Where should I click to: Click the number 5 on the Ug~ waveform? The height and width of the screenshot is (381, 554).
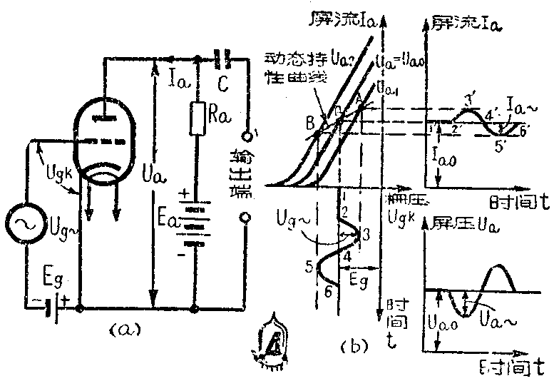tap(309, 266)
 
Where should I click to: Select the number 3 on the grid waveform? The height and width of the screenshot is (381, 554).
tap(366, 234)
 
